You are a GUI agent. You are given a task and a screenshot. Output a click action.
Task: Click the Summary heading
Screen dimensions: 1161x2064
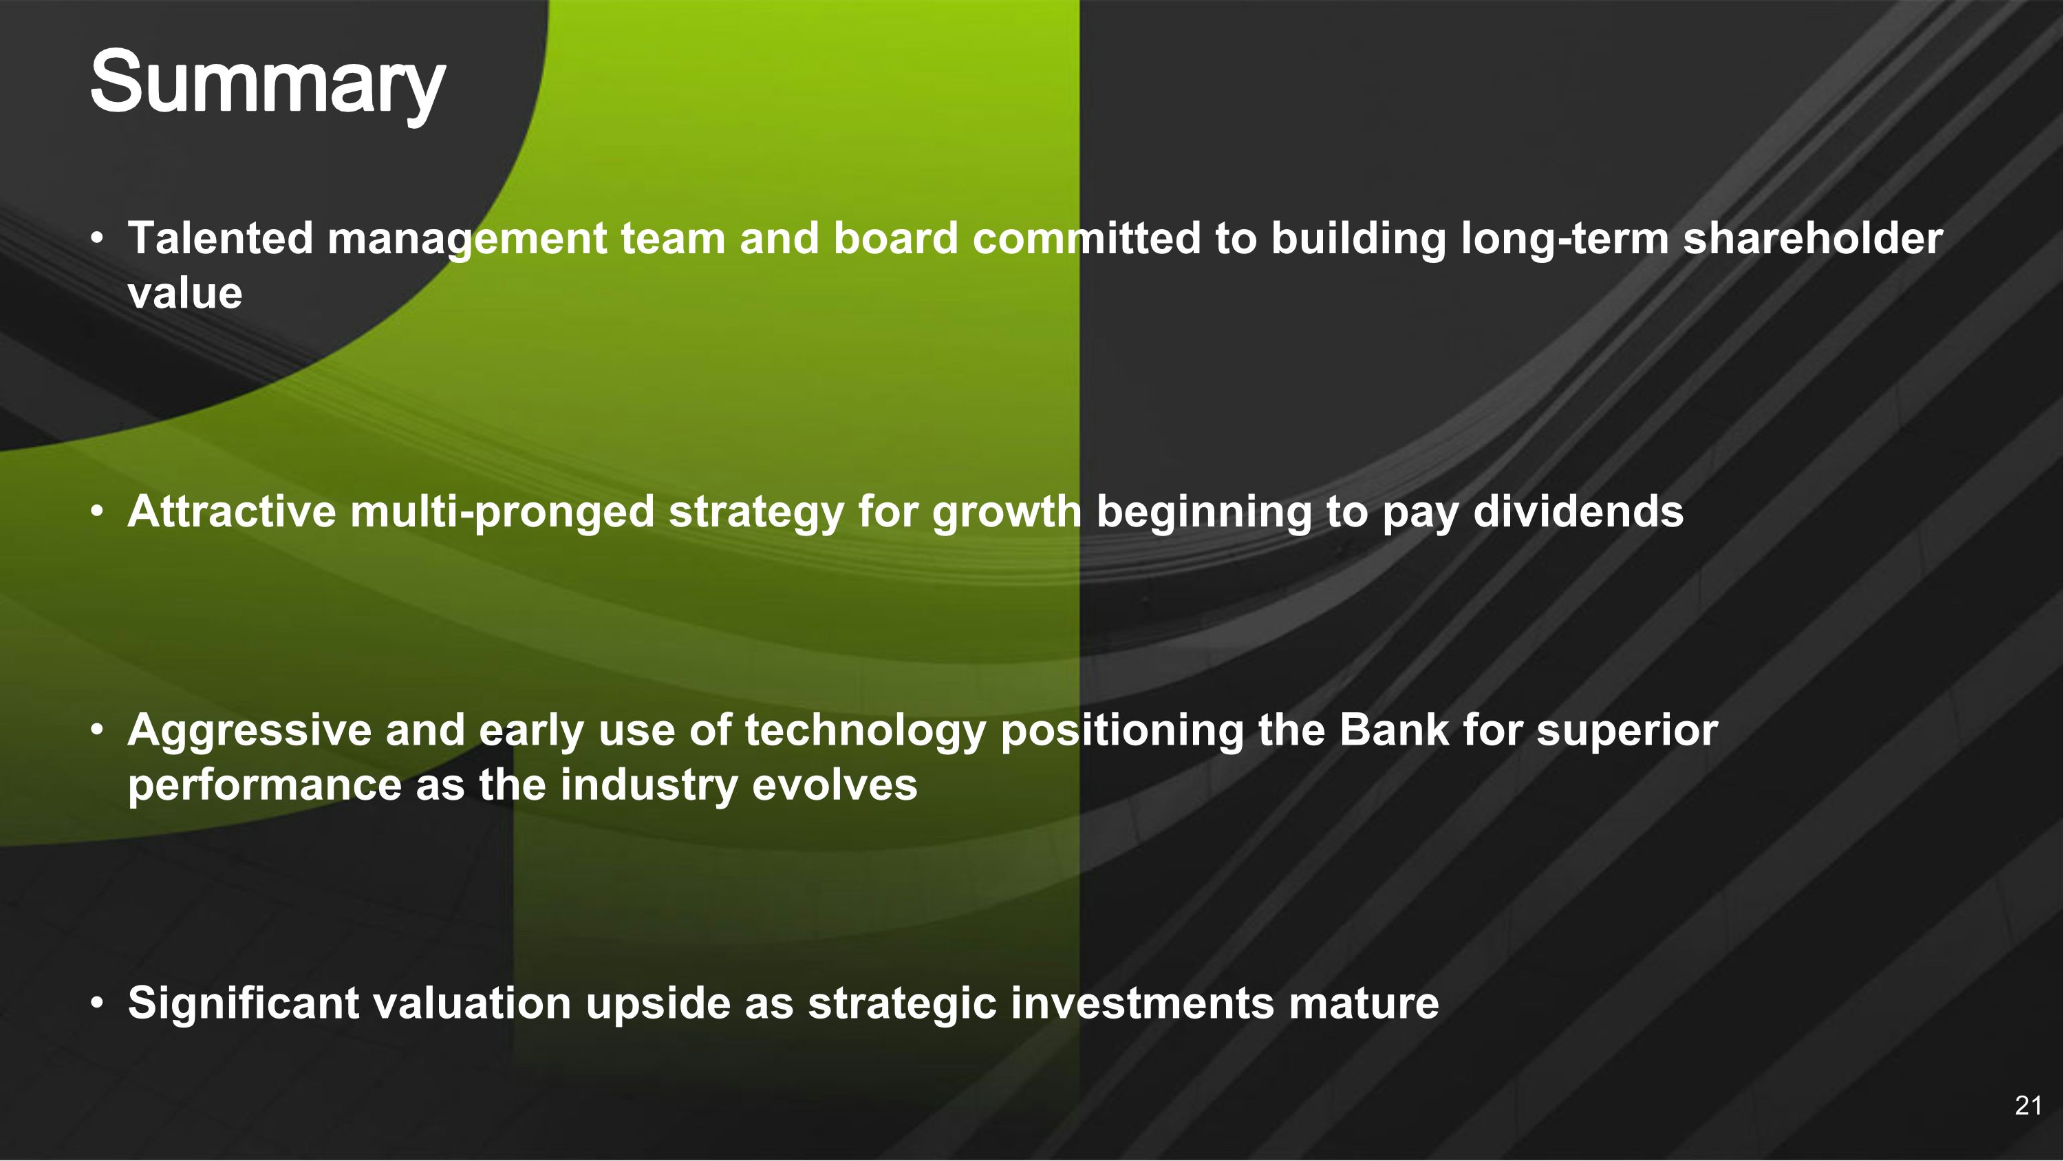[267, 83]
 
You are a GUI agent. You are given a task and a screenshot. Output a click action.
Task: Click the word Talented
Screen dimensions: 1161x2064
[219, 239]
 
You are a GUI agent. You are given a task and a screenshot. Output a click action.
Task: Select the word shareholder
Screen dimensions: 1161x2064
[1812, 239]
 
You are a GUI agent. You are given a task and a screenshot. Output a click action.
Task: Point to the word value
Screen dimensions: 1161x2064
[184, 293]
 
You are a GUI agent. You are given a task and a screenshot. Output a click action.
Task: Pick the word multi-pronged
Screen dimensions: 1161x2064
[502, 513]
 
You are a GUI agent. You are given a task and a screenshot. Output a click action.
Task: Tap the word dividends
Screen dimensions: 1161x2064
[1578, 511]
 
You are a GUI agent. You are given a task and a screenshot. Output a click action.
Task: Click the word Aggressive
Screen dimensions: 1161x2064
[248, 731]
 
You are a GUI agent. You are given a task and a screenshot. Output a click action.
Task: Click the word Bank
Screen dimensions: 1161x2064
[1393, 730]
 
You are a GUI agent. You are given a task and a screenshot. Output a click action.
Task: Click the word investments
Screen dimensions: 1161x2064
[1142, 1003]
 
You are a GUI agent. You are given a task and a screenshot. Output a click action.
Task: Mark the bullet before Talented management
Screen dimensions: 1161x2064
[97, 239]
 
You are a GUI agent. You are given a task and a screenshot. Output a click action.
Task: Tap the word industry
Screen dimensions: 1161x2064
[648, 785]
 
